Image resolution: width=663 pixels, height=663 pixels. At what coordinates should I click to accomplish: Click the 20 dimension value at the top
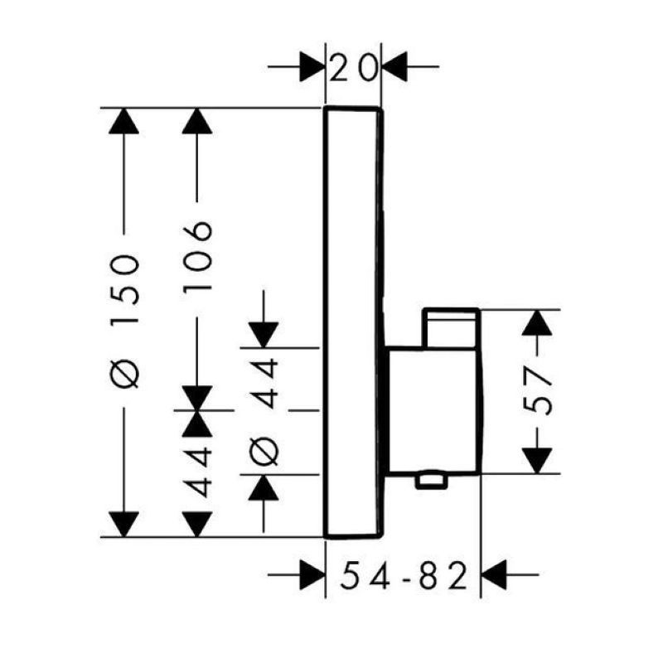click(352, 66)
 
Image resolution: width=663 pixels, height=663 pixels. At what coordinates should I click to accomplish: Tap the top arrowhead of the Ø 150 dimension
click(123, 122)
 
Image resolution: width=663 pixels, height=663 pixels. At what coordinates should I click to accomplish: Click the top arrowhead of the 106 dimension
click(197, 122)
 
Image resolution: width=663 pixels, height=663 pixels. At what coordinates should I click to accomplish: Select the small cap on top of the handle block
click(451, 327)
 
